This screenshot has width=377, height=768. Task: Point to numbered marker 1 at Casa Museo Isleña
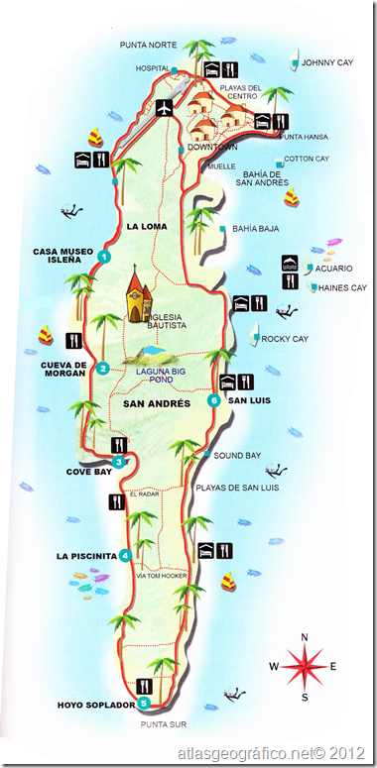(x=103, y=257)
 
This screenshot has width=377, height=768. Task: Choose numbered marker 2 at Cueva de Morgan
(x=103, y=369)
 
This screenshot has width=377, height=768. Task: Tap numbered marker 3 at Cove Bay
(x=119, y=462)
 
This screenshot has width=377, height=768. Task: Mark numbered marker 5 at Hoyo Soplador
(x=145, y=703)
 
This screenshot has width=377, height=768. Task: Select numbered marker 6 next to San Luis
(x=212, y=400)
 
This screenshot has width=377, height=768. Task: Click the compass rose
(x=305, y=666)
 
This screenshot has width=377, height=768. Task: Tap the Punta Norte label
(x=148, y=46)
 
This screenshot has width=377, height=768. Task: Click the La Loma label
(x=144, y=226)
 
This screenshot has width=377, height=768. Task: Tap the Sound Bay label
(x=237, y=455)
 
